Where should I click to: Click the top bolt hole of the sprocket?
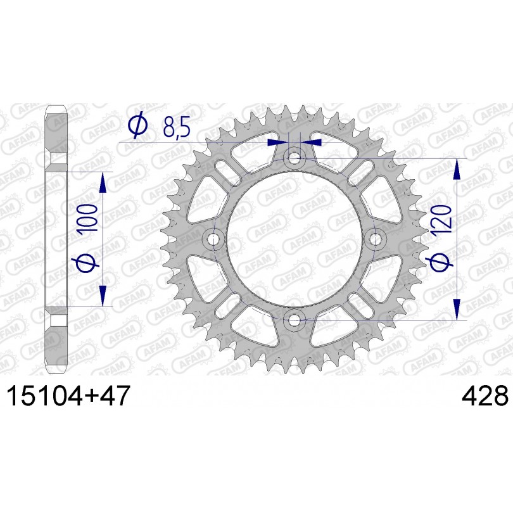coord(294,160)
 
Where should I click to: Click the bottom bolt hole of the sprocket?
coord(294,320)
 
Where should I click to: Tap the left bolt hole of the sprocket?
coord(214,240)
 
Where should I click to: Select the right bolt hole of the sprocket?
coord(375,240)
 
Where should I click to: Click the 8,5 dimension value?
coord(177,127)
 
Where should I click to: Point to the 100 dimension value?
coord(88,218)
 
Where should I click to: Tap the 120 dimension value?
coord(441,219)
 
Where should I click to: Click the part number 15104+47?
coord(68,396)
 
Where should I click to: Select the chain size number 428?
coord(485,396)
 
